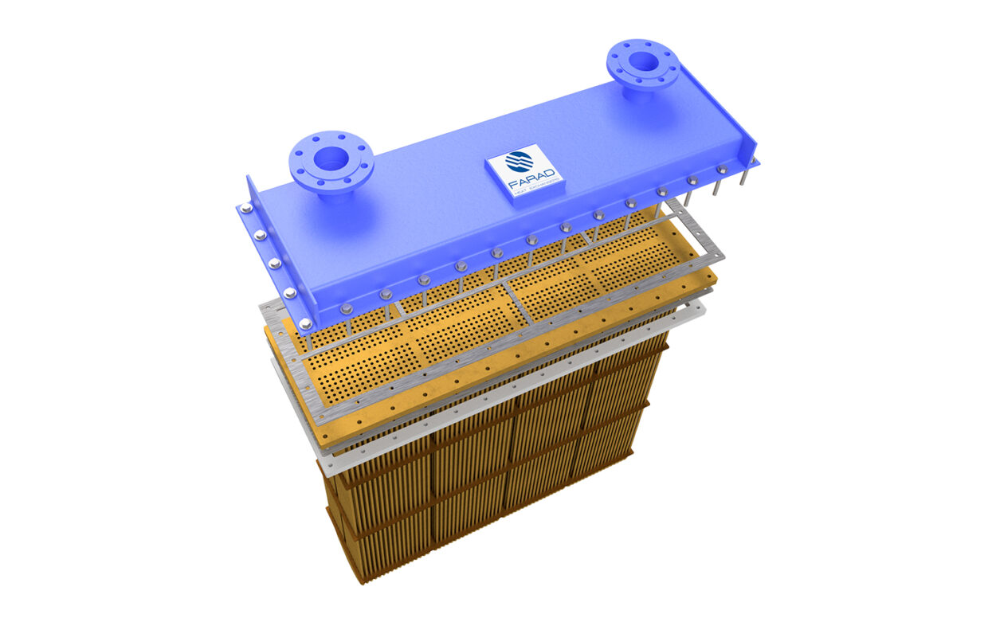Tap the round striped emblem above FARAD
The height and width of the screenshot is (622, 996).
coord(520,162)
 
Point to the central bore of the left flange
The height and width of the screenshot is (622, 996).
coord(330,158)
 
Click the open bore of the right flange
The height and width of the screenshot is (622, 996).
coord(642,61)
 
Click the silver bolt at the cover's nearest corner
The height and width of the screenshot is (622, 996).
coord(305,323)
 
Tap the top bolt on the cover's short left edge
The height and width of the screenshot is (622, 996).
coord(246,209)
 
